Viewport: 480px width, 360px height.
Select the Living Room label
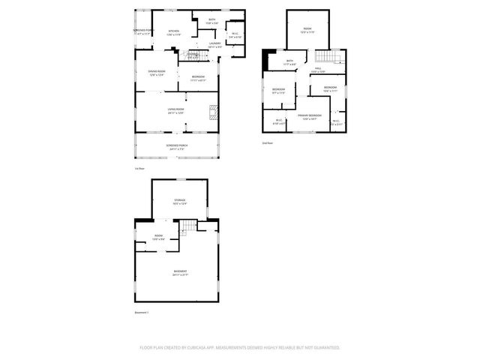tap(175, 111)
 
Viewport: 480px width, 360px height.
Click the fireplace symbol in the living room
tap(212, 112)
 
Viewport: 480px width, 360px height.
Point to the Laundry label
tap(215, 45)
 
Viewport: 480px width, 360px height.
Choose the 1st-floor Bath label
tap(212, 22)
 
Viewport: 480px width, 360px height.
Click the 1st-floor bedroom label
tap(198, 78)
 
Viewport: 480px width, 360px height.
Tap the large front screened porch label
tap(176, 147)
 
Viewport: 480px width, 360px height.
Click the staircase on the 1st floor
tap(193, 55)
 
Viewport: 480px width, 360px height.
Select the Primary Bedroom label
tap(306, 116)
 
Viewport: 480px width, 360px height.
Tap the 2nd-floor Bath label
tap(289, 62)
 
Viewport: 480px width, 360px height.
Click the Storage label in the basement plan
tap(180, 202)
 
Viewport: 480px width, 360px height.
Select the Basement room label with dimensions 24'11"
tap(180, 272)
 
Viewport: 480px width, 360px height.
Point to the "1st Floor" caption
tap(139, 169)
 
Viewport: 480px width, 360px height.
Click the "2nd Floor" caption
tap(267, 142)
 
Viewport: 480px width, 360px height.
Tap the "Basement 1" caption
tap(142, 313)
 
